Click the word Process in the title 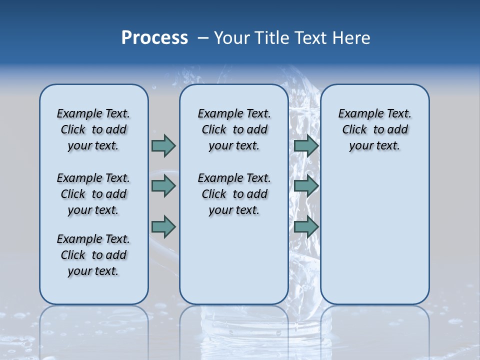[154, 38]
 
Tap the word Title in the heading [271, 38]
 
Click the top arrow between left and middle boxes [163, 145]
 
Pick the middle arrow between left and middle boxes [163, 186]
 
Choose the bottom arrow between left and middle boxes [163, 226]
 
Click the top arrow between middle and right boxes [306, 145]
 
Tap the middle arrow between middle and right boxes [306, 186]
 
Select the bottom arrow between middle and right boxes [306, 226]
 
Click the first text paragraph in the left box [93, 129]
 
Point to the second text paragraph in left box [93, 194]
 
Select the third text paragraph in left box [93, 255]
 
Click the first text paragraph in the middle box [234, 129]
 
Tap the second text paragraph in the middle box [234, 194]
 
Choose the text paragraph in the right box [374, 129]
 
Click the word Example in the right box [358, 114]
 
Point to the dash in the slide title [203, 38]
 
